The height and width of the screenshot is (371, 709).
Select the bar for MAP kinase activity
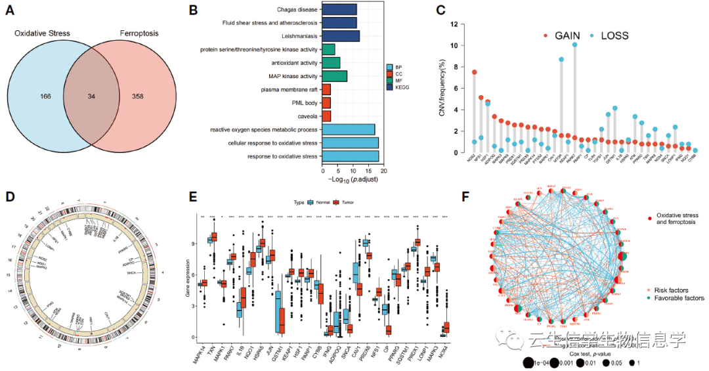click(334, 76)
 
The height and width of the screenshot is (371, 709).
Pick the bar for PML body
click(326, 103)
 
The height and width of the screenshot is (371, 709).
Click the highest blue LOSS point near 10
click(574, 45)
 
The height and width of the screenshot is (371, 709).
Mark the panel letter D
click(9, 196)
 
